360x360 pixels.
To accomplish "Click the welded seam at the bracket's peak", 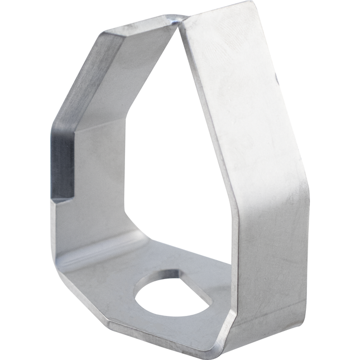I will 177,21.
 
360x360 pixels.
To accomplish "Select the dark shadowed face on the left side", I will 63,162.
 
